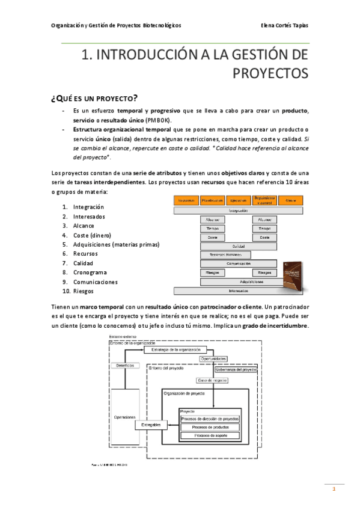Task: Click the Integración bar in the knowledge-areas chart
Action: [239, 211]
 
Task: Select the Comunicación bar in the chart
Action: [239, 263]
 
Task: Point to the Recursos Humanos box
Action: [225, 255]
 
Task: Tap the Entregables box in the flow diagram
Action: [151, 425]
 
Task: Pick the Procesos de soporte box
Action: [209, 435]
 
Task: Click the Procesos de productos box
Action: [209, 426]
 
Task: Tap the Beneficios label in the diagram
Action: [125, 365]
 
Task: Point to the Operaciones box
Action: [125, 417]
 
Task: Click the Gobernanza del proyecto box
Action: [236, 370]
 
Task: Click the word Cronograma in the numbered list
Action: [90, 272]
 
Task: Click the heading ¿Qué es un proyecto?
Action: [95, 98]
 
